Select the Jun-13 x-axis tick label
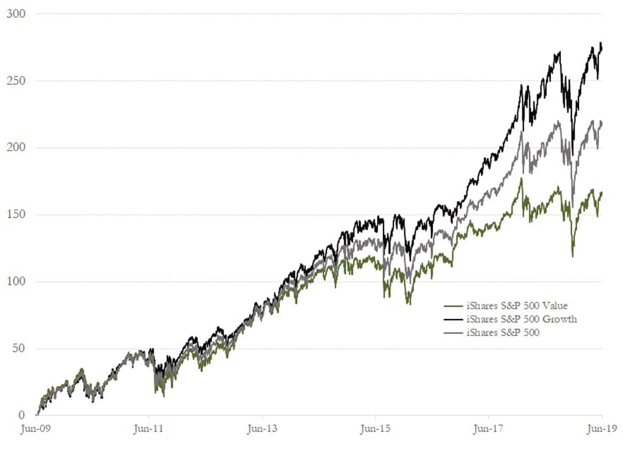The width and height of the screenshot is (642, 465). pyautogui.click(x=262, y=429)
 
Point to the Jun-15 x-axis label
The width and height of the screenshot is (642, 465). pyautogui.click(x=375, y=429)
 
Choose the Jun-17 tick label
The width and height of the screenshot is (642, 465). pyautogui.click(x=488, y=429)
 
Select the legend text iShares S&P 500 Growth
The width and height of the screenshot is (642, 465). pyautogui.click(x=521, y=319)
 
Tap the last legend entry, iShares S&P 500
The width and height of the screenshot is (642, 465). pyautogui.click(x=503, y=332)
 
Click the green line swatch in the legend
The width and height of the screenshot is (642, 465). pyautogui.click(x=454, y=306)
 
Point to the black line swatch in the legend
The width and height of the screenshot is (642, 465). pyautogui.click(x=454, y=320)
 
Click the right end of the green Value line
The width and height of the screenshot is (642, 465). pyautogui.click(x=602, y=193)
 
